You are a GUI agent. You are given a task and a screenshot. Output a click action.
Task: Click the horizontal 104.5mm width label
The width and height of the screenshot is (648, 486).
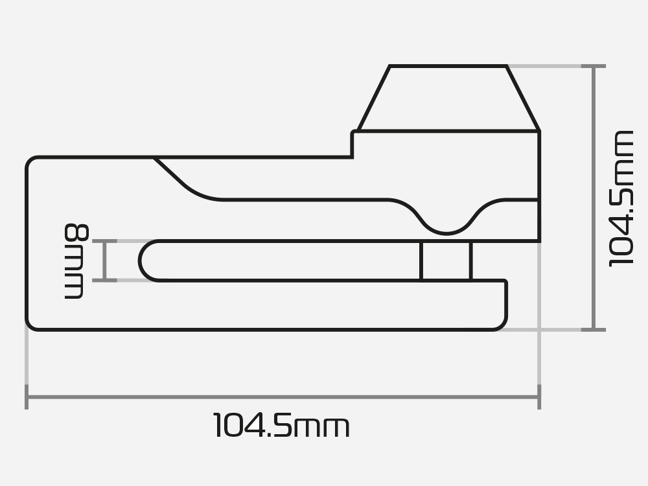pyautogui.click(x=281, y=427)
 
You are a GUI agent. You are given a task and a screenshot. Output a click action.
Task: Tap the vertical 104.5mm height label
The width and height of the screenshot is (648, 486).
pyautogui.click(x=621, y=198)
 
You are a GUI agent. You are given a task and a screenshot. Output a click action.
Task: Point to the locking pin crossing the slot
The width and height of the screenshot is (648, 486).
pyautogui.click(x=446, y=261)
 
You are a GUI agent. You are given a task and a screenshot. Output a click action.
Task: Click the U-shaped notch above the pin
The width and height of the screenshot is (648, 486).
pyautogui.click(x=446, y=220)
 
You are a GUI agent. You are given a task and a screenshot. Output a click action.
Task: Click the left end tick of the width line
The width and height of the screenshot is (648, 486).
pyautogui.click(x=27, y=397)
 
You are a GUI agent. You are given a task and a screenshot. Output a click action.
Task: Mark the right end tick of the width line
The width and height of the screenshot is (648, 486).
pyautogui.click(x=539, y=397)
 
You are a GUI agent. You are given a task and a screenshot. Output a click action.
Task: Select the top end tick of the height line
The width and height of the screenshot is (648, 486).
pyautogui.click(x=594, y=66)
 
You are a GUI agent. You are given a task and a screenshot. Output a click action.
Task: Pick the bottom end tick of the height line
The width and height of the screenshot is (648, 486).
pyautogui.click(x=594, y=329)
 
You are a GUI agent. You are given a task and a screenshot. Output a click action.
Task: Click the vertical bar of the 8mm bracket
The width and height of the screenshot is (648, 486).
pyautogui.click(x=106, y=260)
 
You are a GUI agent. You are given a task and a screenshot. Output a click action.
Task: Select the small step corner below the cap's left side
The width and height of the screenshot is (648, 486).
pyautogui.click(x=353, y=133)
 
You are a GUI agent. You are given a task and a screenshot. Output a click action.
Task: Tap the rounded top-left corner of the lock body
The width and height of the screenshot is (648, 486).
pyautogui.click(x=32, y=163)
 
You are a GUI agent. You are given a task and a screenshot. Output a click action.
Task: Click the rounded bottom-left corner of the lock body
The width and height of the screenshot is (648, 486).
pyautogui.click(x=32, y=323)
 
